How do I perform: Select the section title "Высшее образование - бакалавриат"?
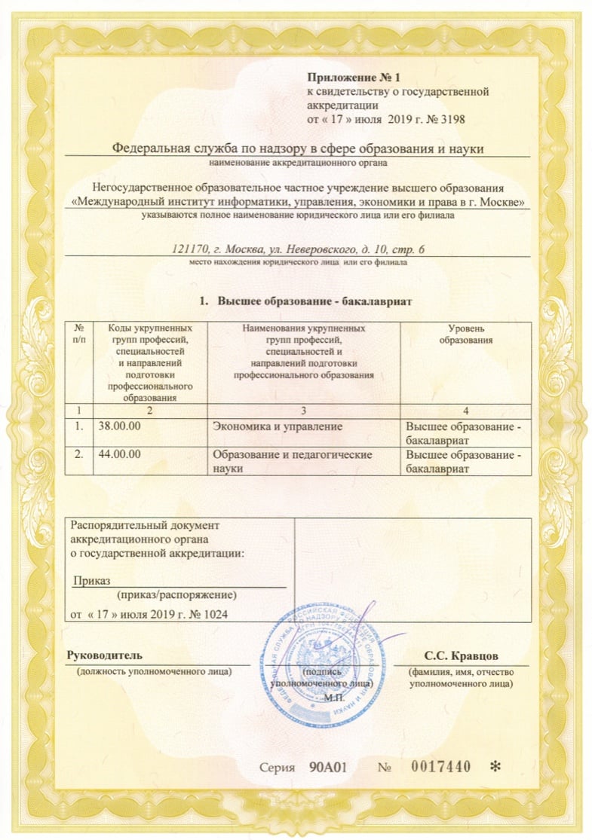(x=316, y=301)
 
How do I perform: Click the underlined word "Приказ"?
(x=92, y=580)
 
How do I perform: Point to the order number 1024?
(x=214, y=614)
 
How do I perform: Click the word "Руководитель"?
(x=104, y=654)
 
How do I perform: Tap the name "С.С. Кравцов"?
(x=461, y=654)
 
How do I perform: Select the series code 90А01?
(x=327, y=767)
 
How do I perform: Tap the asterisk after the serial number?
(x=495, y=768)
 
